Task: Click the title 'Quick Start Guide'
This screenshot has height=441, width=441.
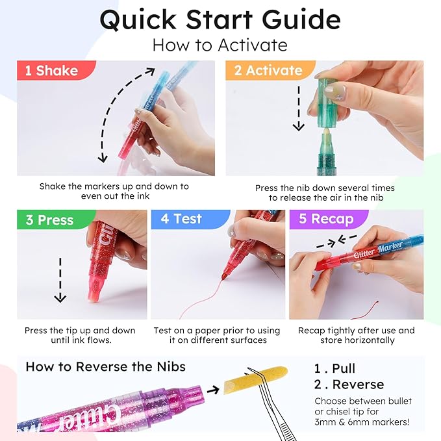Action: pos(220,19)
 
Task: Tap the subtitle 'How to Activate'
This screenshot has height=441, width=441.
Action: pos(220,45)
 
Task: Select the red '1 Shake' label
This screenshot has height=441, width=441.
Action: pos(51,71)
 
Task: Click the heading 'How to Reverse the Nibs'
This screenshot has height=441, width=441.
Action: pos(105,367)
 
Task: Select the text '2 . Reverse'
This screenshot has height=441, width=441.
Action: pos(349,384)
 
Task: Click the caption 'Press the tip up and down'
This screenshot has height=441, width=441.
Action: pos(80,331)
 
